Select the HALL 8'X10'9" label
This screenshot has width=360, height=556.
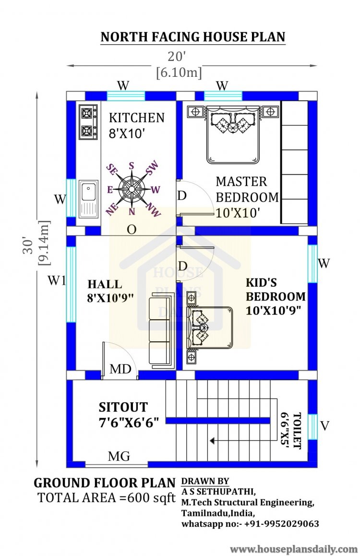tap(110, 291)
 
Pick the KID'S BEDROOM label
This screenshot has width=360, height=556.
tap(276, 296)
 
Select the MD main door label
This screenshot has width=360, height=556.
tap(120, 369)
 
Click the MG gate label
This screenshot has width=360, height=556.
tap(119, 456)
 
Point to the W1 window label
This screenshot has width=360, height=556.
tap(57, 281)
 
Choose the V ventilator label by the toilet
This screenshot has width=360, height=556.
tap(324, 425)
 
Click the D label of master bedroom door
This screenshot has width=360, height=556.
tap(182, 195)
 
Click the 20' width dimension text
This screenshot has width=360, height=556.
tap(177, 56)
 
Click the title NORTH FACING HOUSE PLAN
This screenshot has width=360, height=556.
tap(193, 37)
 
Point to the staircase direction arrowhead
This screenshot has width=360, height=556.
tap(212, 441)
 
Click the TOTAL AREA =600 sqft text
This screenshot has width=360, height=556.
tap(106, 498)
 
